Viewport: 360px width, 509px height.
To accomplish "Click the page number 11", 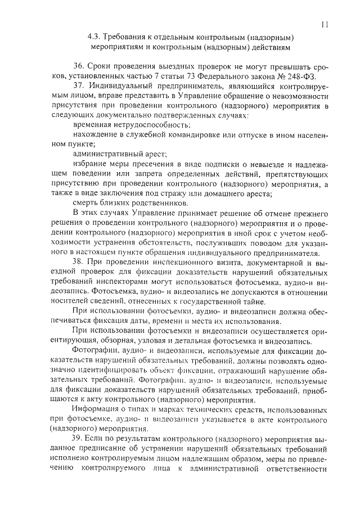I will pos(325,24).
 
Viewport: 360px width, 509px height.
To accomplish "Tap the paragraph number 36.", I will pos(79,65).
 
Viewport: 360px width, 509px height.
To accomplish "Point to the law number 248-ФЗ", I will pos(298,75).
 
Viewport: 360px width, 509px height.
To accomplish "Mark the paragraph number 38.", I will pos(79,262).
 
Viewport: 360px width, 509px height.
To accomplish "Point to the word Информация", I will pos(97,409).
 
